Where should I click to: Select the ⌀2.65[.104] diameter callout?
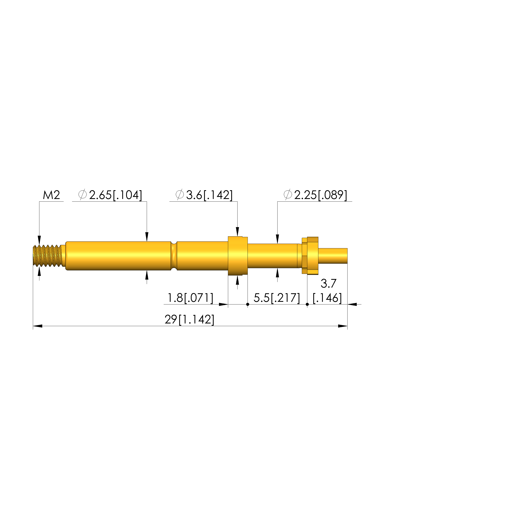pyautogui.click(x=110, y=195)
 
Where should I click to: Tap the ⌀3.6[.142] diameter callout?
pyautogui.click(x=204, y=195)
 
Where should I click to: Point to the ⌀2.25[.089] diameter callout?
pyautogui.click(x=315, y=195)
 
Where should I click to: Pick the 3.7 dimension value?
pyautogui.click(x=329, y=283)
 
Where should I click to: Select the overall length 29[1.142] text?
pyautogui.click(x=189, y=320)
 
